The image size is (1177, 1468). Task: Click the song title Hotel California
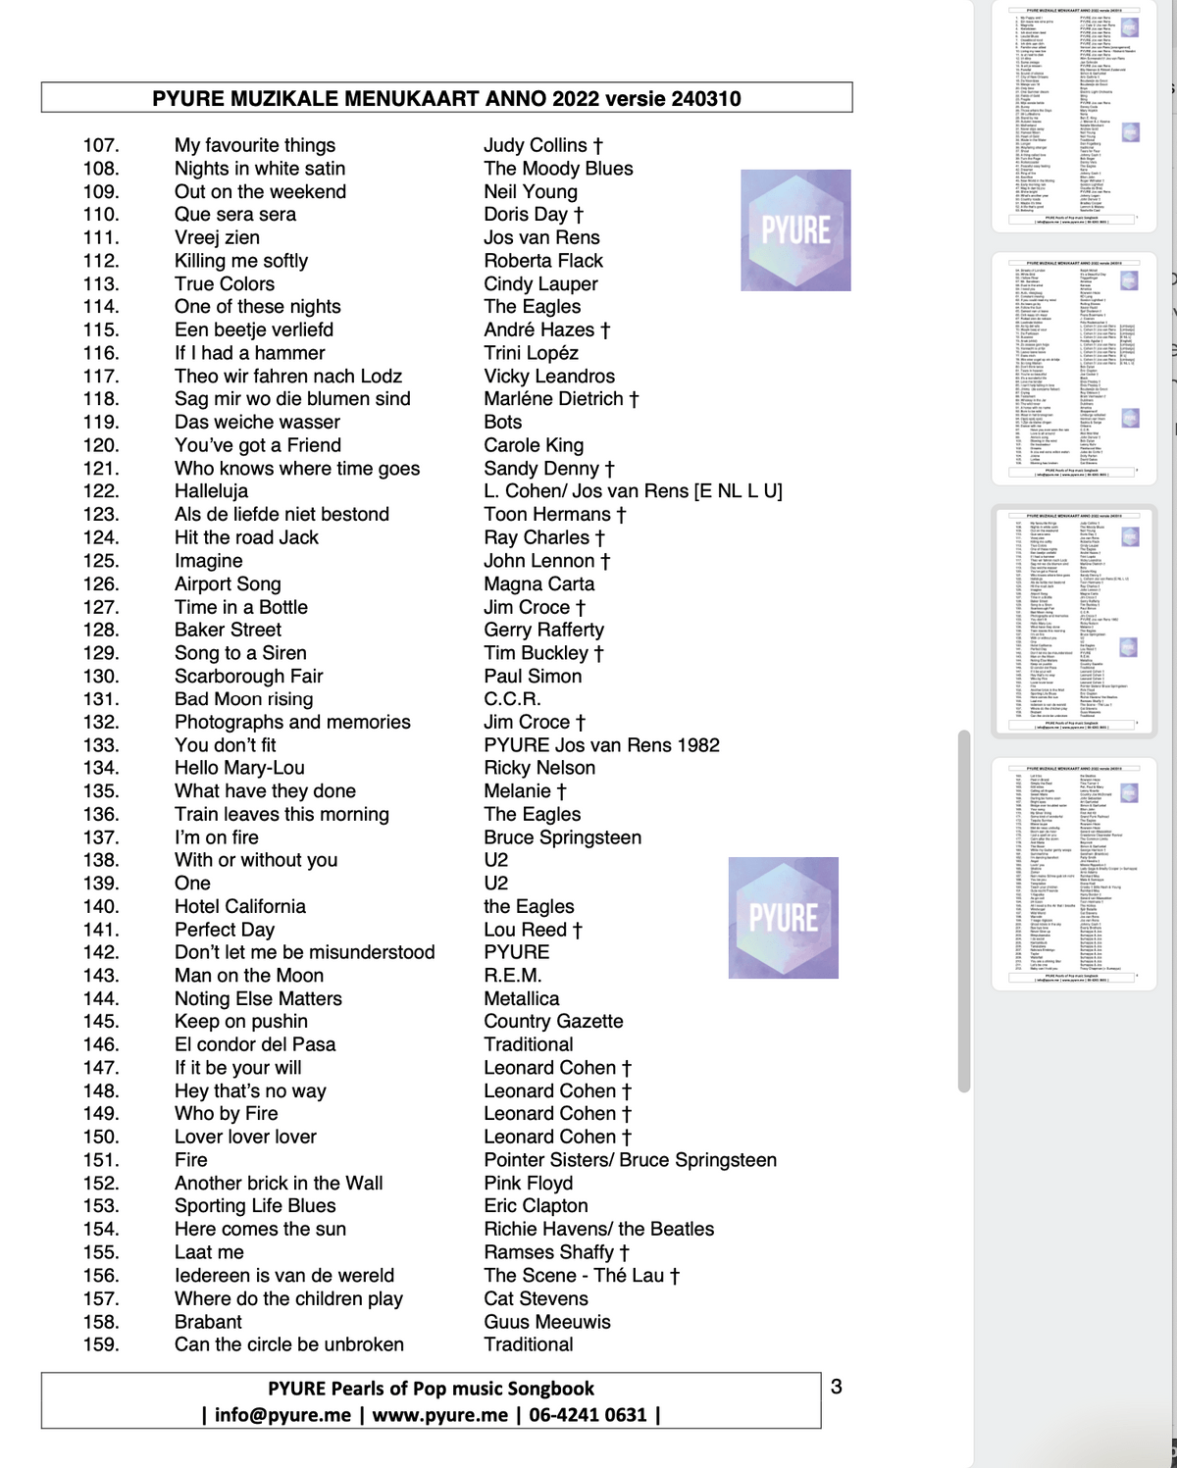(239, 906)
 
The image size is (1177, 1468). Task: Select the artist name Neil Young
(530, 191)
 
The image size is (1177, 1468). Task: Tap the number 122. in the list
(101, 491)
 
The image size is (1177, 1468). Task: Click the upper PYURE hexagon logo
(795, 230)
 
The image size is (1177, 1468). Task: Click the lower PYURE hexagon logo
(784, 918)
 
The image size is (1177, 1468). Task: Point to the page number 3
(836, 1387)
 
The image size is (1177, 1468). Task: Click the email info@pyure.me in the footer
(282, 1414)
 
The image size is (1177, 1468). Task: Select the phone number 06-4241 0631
(588, 1414)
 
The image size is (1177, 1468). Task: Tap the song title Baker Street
(228, 630)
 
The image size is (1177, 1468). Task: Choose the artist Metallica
(521, 998)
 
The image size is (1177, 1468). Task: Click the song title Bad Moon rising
(243, 698)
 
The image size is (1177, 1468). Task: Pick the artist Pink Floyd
(528, 1183)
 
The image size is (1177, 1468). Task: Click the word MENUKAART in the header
(423, 98)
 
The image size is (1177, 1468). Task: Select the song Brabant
(208, 1322)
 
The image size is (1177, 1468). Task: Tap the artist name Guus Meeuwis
(546, 1322)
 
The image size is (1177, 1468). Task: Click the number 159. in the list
(101, 1344)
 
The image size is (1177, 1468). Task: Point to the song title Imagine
(208, 561)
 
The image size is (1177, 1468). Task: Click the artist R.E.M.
(512, 976)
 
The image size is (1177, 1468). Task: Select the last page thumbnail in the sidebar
(1074, 872)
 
